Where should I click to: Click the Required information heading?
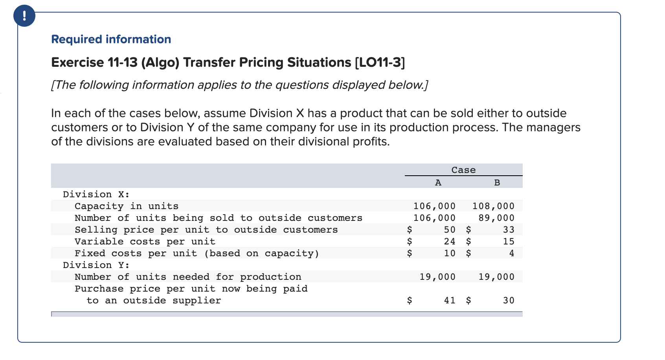click(x=111, y=39)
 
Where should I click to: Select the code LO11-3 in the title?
click(x=380, y=62)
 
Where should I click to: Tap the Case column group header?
click(x=463, y=170)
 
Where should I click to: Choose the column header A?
click(x=438, y=183)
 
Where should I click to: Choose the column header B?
click(x=497, y=183)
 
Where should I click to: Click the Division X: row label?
click(x=96, y=195)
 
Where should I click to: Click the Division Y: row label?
click(x=96, y=265)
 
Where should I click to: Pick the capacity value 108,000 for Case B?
click(x=493, y=206)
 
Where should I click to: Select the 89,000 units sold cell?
click(x=496, y=218)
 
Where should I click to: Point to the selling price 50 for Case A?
click(x=450, y=230)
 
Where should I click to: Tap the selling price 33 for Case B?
click(x=509, y=230)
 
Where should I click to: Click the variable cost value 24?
click(x=450, y=242)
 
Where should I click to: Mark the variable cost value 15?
click(x=509, y=242)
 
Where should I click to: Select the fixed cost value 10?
click(x=450, y=253)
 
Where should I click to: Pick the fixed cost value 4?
click(x=511, y=253)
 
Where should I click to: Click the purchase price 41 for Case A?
click(x=450, y=301)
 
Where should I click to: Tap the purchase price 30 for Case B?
click(x=509, y=301)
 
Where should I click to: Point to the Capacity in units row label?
click(x=126, y=206)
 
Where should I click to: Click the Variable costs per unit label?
click(x=145, y=242)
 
